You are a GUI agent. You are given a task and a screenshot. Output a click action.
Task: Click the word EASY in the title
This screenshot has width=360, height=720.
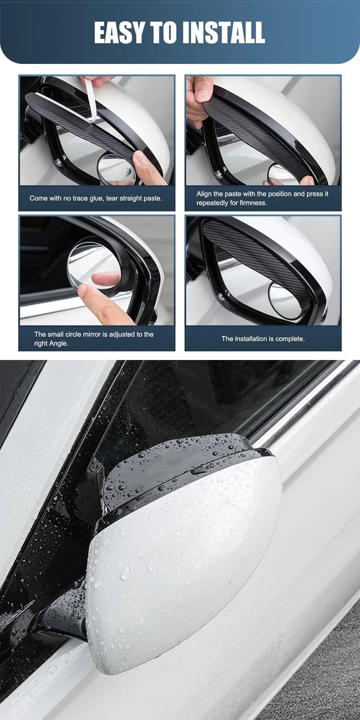tap(119, 33)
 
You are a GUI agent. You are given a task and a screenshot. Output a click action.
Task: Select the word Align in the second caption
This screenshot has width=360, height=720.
tap(204, 194)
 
